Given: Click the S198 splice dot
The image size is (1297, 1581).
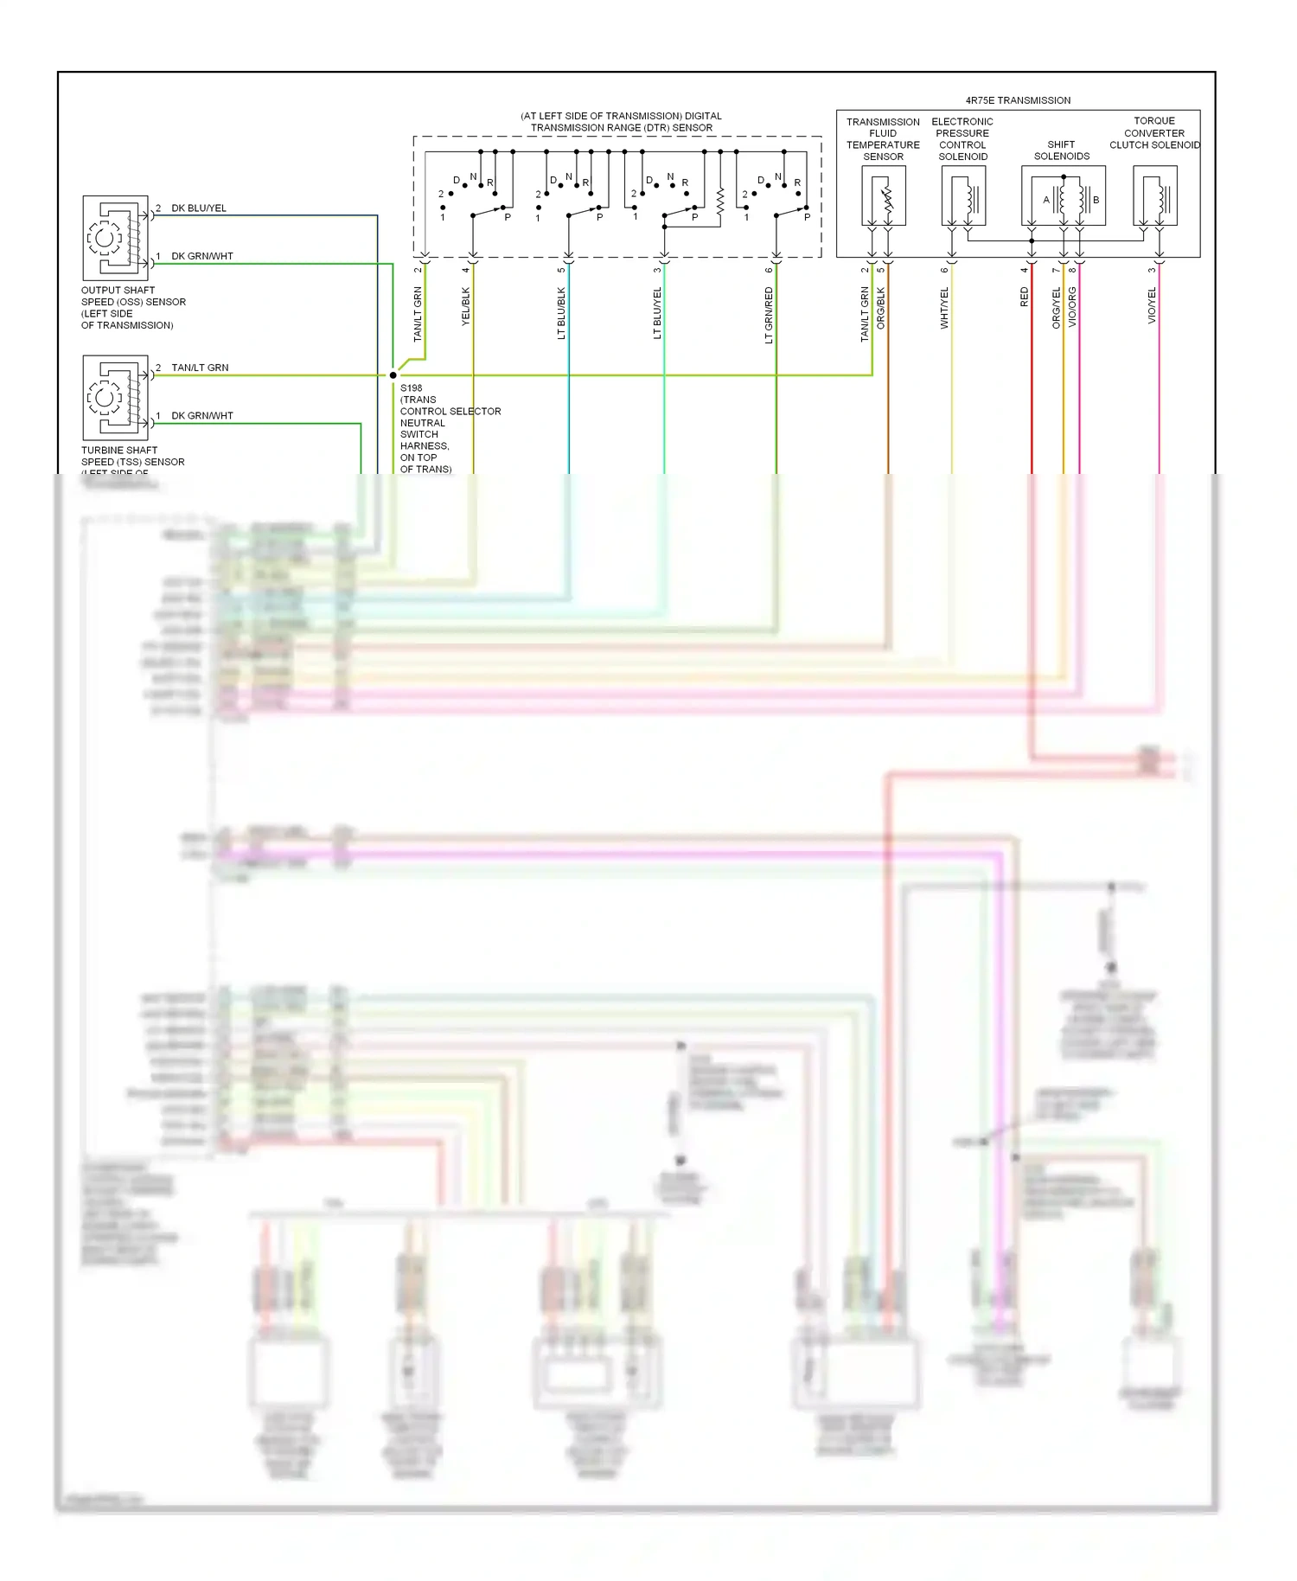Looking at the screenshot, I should point(393,375).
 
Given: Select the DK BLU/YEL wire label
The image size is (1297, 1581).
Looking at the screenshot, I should point(199,208).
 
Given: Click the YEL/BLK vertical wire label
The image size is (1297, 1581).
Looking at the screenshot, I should point(466,306).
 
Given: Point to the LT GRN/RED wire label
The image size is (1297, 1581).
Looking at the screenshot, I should point(769,315).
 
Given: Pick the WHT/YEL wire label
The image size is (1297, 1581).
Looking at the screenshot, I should point(944,308).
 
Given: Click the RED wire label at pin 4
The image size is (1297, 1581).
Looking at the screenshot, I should point(1025,298).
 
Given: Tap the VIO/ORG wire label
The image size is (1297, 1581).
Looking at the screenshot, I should point(1072,307).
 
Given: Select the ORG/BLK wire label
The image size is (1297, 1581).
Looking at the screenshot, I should point(881,309).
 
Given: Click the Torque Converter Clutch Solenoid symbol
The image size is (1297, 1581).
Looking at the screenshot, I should point(1155,196).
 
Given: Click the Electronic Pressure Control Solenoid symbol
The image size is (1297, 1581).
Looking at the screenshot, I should point(963,196).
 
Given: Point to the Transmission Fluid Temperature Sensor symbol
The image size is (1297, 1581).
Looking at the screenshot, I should point(884,196).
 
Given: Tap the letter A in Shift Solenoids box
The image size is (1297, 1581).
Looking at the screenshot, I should point(1046,200).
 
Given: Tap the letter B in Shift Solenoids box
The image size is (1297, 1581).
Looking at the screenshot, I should point(1096,200).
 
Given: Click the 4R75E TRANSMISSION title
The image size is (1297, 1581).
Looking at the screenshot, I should point(1018,100).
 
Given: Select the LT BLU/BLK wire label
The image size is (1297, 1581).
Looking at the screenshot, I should point(561,313).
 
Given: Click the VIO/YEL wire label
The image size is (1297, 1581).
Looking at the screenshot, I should point(1152,306).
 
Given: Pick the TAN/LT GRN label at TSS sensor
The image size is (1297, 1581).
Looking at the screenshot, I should point(200,368).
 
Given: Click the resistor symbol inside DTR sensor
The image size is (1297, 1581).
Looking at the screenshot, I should point(719,202).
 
